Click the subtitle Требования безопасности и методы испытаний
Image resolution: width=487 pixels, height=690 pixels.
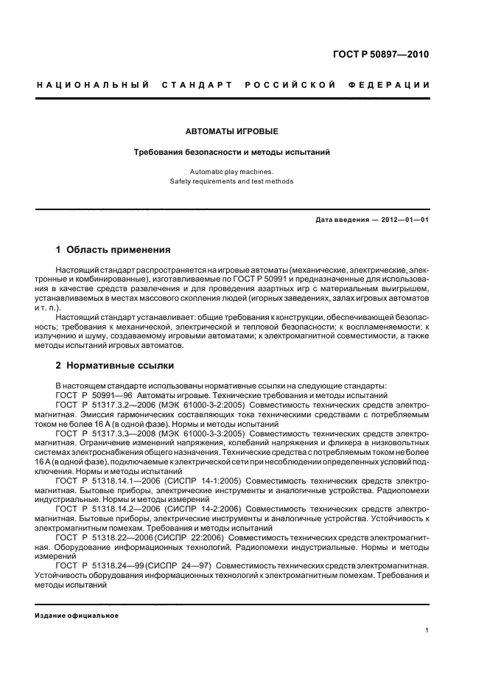pos(231,153)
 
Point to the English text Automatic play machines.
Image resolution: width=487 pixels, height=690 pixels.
pos(231,171)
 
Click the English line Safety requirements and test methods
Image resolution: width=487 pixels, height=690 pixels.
pos(231,181)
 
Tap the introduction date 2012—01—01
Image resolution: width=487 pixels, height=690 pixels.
pos(403,220)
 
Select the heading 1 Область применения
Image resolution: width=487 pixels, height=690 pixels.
pos(113,249)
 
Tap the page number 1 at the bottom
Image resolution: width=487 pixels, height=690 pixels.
pos(427,630)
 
